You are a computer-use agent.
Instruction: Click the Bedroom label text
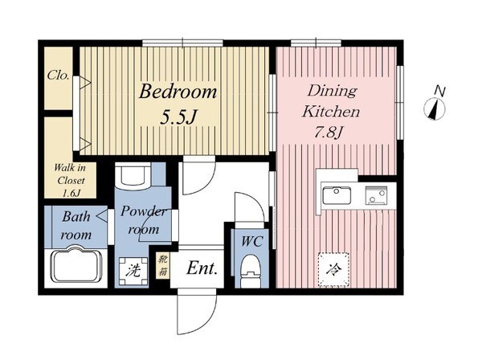click(178, 92)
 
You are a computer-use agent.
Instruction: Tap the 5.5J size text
click(178, 117)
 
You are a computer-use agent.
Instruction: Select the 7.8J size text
click(328, 133)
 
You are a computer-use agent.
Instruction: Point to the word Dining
click(332, 92)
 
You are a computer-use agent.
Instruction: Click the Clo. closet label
click(58, 75)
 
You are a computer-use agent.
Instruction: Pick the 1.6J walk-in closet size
click(71, 194)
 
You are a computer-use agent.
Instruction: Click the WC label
click(251, 241)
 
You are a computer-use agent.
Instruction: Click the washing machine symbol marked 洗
click(133, 271)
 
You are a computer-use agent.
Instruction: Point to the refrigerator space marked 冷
click(333, 270)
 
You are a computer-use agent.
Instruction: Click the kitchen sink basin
click(337, 195)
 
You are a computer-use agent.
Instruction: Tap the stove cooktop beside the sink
click(376, 195)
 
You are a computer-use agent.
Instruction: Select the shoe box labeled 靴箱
click(162, 266)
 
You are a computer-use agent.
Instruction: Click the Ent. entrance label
click(202, 268)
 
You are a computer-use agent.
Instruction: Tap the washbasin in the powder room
click(133, 175)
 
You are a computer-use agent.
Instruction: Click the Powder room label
click(144, 220)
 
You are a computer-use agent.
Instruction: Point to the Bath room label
click(76, 225)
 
